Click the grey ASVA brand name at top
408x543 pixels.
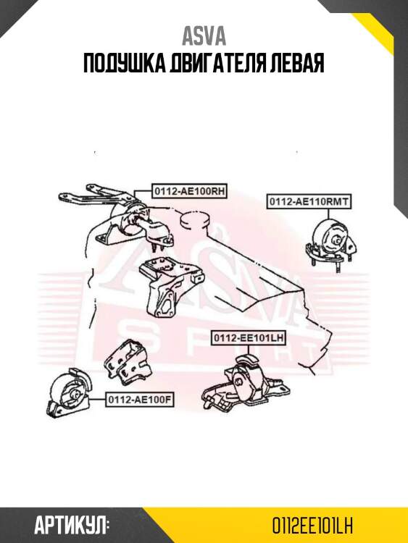pyautogui.click(x=204, y=37)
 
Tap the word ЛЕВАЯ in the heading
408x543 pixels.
pyautogui.click(x=298, y=64)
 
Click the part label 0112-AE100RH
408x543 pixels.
pyautogui.click(x=189, y=191)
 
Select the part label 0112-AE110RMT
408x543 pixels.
pyautogui.click(x=309, y=201)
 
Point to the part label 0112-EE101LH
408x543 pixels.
pyautogui.click(x=249, y=337)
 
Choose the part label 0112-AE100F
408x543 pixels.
pyautogui.click(x=140, y=399)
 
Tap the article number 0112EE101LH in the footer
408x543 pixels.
pyautogui.click(x=312, y=526)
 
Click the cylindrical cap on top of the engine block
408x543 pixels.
pyautogui.click(x=196, y=220)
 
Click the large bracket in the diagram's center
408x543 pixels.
pyautogui.click(x=170, y=287)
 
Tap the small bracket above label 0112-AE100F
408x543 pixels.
pyautogui.click(x=128, y=362)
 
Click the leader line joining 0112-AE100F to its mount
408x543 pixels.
pyautogui.click(x=97, y=399)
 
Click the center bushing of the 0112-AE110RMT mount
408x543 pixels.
pyautogui.click(x=336, y=240)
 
